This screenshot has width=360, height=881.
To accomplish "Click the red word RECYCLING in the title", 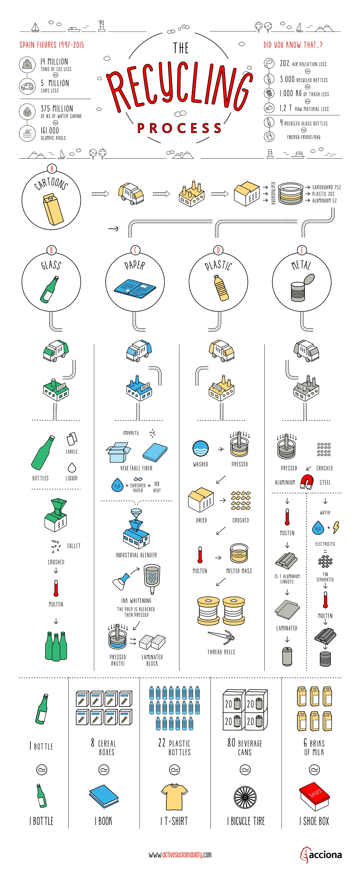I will (179, 87).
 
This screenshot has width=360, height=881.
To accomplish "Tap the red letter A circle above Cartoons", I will (52, 169).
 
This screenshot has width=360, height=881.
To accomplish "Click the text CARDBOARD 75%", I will (326, 187).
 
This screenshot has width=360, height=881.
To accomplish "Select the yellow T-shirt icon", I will (174, 797).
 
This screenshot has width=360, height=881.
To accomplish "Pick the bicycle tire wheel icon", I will (245, 797).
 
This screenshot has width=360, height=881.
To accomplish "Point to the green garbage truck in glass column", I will (56, 350).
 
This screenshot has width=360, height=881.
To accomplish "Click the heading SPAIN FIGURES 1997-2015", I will (51, 45).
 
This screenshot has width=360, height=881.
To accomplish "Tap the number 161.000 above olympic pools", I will (50, 131).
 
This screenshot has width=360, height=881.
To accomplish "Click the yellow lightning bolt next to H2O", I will (336, 527).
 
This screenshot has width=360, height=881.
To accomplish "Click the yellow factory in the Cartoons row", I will (191, 194).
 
